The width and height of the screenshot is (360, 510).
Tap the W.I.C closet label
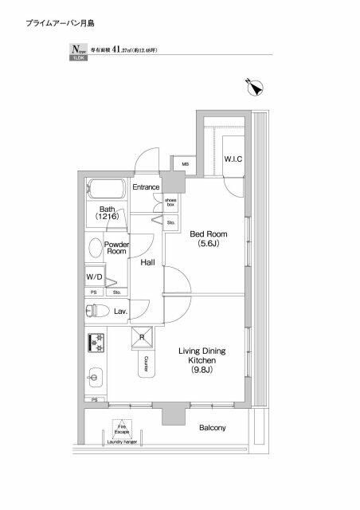233,159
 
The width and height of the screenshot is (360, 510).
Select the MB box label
185,165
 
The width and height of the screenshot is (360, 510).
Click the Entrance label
147,187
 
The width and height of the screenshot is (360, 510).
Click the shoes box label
171,202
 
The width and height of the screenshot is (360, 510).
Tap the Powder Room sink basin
95,247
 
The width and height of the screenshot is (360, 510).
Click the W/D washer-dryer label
94,277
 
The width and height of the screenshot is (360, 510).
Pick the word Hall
147,262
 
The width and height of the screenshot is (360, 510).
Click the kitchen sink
93,375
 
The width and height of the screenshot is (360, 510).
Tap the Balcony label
212,428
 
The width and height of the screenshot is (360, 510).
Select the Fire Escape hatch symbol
121,428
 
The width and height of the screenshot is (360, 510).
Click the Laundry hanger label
121,442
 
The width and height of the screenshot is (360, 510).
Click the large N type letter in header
75,49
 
